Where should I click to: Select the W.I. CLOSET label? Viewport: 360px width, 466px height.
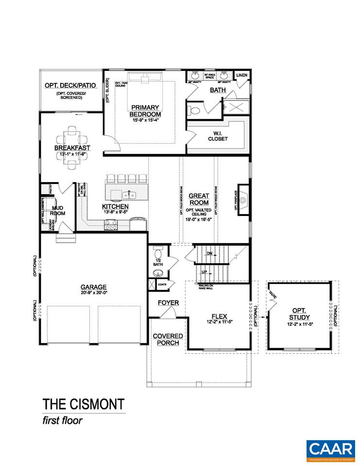click(x=218, y=135)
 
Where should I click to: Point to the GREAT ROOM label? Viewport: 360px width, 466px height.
click(x=199, y=199)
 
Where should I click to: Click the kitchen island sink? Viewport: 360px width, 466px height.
click(x=129, y=195)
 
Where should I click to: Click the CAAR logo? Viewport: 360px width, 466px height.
click(x=329, y=448)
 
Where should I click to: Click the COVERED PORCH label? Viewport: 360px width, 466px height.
click(x=168, y=339)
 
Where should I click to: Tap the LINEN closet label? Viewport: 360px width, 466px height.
click(x=241, y=76)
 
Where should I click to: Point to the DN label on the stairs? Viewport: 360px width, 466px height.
click(x=210, y=253)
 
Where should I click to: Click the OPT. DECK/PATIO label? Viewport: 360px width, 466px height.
click(x=70, y=85)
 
